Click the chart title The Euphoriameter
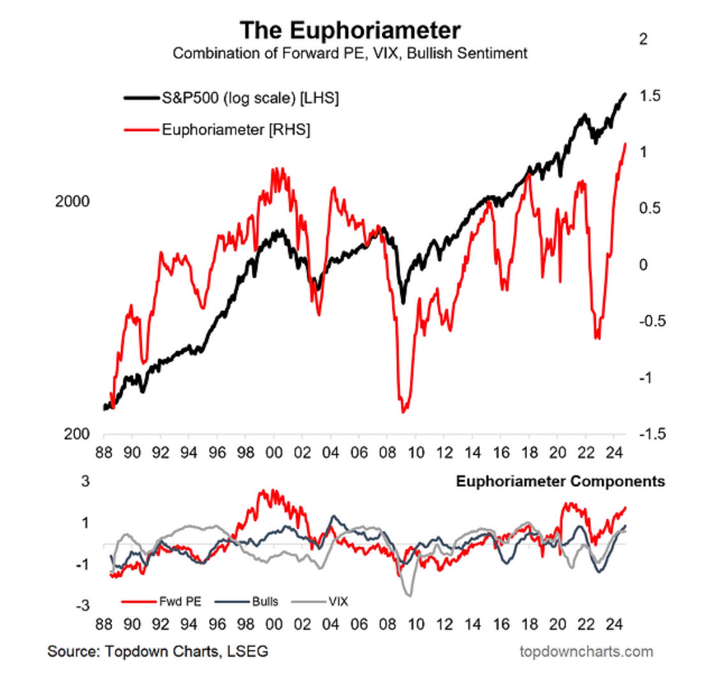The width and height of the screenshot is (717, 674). click(350, 31)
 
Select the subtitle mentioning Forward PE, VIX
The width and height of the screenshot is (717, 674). click(350, 54)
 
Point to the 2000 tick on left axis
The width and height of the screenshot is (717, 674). click(72, 201)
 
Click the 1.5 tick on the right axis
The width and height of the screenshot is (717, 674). click(651, 96)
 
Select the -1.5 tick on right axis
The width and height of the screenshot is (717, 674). click(651, 434)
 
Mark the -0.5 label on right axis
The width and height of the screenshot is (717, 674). click(651, 321)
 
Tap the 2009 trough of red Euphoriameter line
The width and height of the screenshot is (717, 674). click(403, 412)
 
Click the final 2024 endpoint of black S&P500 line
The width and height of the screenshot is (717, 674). click(625, 94)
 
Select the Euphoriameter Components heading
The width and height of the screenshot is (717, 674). click(560, 482)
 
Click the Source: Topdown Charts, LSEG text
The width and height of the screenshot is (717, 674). click(158, 651)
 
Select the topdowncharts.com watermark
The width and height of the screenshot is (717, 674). click(586, 651)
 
